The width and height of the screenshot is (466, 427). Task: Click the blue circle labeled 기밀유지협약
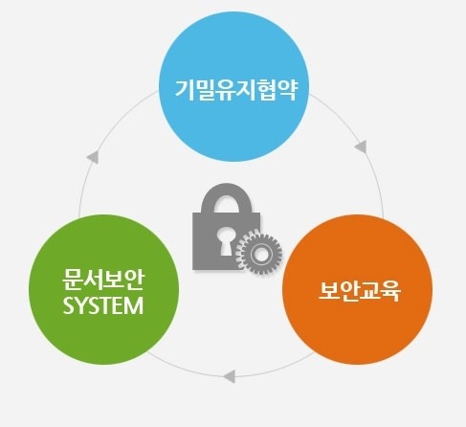pyautogui.click(x=233, y=86)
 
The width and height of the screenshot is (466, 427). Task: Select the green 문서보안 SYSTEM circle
pyautogui.click(x=103, y=290)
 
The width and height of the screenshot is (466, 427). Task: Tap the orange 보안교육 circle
pyautogui.click(x=357, y=290)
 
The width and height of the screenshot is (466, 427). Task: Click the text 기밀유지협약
pyautogui.click(x=236, y=90)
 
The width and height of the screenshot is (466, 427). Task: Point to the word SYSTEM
pyautogui.click(x=103, y=305)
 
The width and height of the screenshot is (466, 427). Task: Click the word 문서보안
pyautogui.click(x=103, y=280)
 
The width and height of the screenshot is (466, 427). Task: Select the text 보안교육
pyautogui.click(x=360, y=291)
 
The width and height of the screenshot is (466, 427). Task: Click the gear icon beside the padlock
pyautogui.click(x=259, y=254)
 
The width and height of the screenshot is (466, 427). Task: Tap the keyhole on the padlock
pyautogui.click(x=226, y=240)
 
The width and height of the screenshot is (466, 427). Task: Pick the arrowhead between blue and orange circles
pyautogui.click(x=361, y=146)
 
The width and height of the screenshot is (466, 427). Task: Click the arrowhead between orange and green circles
pyautogui.click(x=230, y=376)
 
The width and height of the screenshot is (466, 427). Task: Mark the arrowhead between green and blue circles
pyautogui.click(x=93, y=157)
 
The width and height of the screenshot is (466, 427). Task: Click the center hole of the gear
pyautogui.click(x=259, y=254)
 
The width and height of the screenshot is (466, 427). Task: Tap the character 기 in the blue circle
pyautogui.click(x=185, y=90)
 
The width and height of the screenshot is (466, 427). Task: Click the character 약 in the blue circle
pyautogui.click(x=288, y=90)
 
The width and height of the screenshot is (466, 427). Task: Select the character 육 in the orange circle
pyautogui.click(x=391, y=291)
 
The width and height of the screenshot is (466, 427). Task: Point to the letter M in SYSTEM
pyautogui.click(x=134, y=305)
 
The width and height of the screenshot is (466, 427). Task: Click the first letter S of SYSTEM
pyautogui.click(x=68, y=305)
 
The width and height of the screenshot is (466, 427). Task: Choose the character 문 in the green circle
pyautogui.click(x=72, y=280)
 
